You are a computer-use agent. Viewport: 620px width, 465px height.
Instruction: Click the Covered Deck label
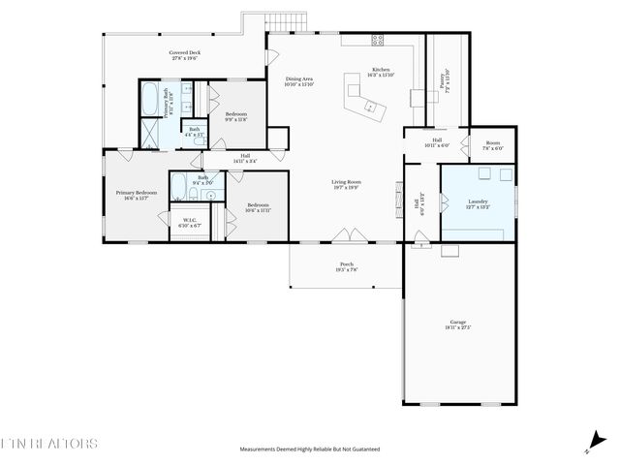click(184, 55)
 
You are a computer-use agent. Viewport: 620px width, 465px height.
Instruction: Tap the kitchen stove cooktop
click(377, 40)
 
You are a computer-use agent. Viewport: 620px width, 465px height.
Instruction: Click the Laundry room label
click(478, 203)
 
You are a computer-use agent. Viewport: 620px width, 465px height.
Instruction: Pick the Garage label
click(458, 325)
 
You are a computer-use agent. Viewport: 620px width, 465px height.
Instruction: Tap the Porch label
click(346, 266)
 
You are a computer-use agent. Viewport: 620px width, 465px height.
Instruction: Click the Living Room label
click(346, 184)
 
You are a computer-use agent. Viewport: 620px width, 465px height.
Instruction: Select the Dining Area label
click(298, 81)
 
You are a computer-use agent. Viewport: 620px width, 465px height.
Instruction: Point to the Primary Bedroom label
click(137, 195)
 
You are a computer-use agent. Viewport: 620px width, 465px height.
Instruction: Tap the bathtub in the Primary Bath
click(153, 99)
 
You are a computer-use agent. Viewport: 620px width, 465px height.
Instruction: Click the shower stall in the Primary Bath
click(152, 132)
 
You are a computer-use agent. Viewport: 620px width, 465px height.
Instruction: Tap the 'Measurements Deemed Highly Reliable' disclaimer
click(310, 449)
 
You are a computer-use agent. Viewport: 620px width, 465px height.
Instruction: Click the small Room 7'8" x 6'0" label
click(493, 146)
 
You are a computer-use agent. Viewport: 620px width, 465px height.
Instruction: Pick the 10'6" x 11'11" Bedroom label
click(258, 207)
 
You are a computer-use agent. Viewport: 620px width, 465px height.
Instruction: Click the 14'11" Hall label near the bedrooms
click(245, 159)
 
